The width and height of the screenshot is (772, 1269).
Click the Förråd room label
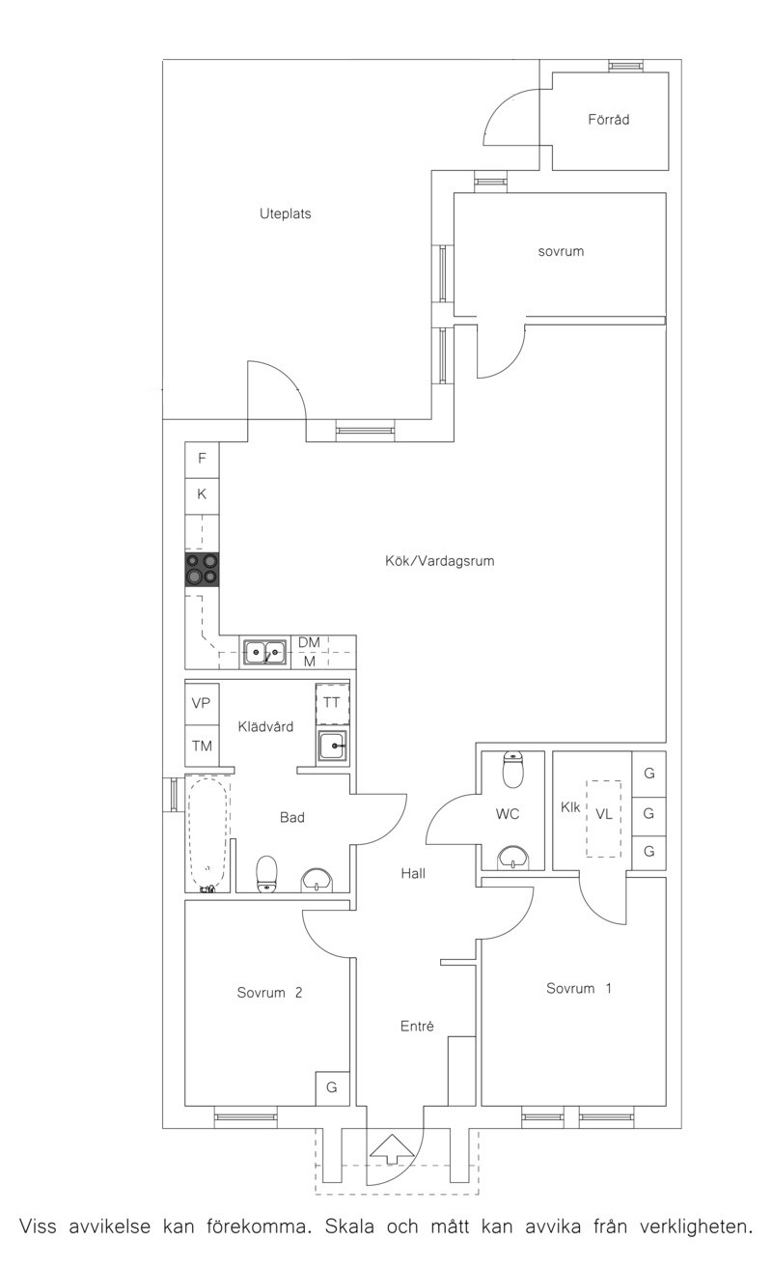pos(608,120)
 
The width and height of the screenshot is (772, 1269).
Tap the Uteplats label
pos(286,213)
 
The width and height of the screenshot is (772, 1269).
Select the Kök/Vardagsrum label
pos(440,561)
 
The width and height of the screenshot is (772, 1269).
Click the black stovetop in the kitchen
pos(202,570)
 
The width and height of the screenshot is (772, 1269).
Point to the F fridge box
pos(202,460)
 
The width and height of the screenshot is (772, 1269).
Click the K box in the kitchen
pos(202,495)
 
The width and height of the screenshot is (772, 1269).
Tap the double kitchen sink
pos(264,653)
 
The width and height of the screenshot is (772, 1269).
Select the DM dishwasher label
pos(309,642)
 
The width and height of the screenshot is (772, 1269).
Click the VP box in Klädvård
pos(202,704)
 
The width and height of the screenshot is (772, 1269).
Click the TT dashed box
pos(332,704)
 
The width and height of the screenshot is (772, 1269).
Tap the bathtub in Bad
pos(208,834)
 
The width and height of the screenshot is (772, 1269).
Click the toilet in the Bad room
pos(266,874)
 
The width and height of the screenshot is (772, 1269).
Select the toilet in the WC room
pos(513,770)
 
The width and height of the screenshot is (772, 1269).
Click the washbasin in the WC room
pos(513,858)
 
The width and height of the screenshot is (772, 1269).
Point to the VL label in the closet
pos(604,814)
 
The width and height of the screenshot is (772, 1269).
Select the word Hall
pos(413,873)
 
